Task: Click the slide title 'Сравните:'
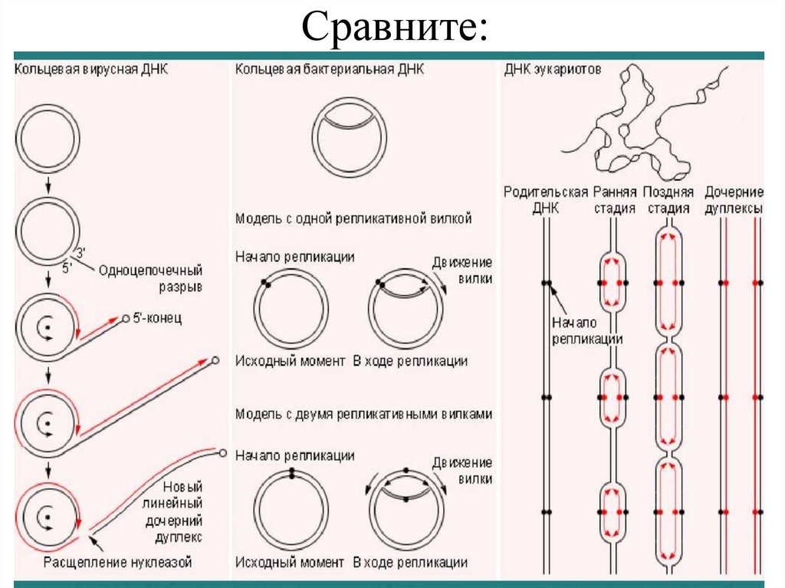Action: coord(393,28)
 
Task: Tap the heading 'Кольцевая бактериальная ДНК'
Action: coord(330,69)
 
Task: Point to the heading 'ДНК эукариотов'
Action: coord(552,69)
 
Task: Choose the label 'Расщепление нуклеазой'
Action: coord(117,563)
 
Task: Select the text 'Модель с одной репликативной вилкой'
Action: coord(353,218)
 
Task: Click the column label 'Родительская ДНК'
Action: coord(546,199)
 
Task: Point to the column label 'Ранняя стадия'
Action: coord(615,199)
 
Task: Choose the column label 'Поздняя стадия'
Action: coord(668,199)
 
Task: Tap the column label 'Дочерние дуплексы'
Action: coord(734,199)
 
